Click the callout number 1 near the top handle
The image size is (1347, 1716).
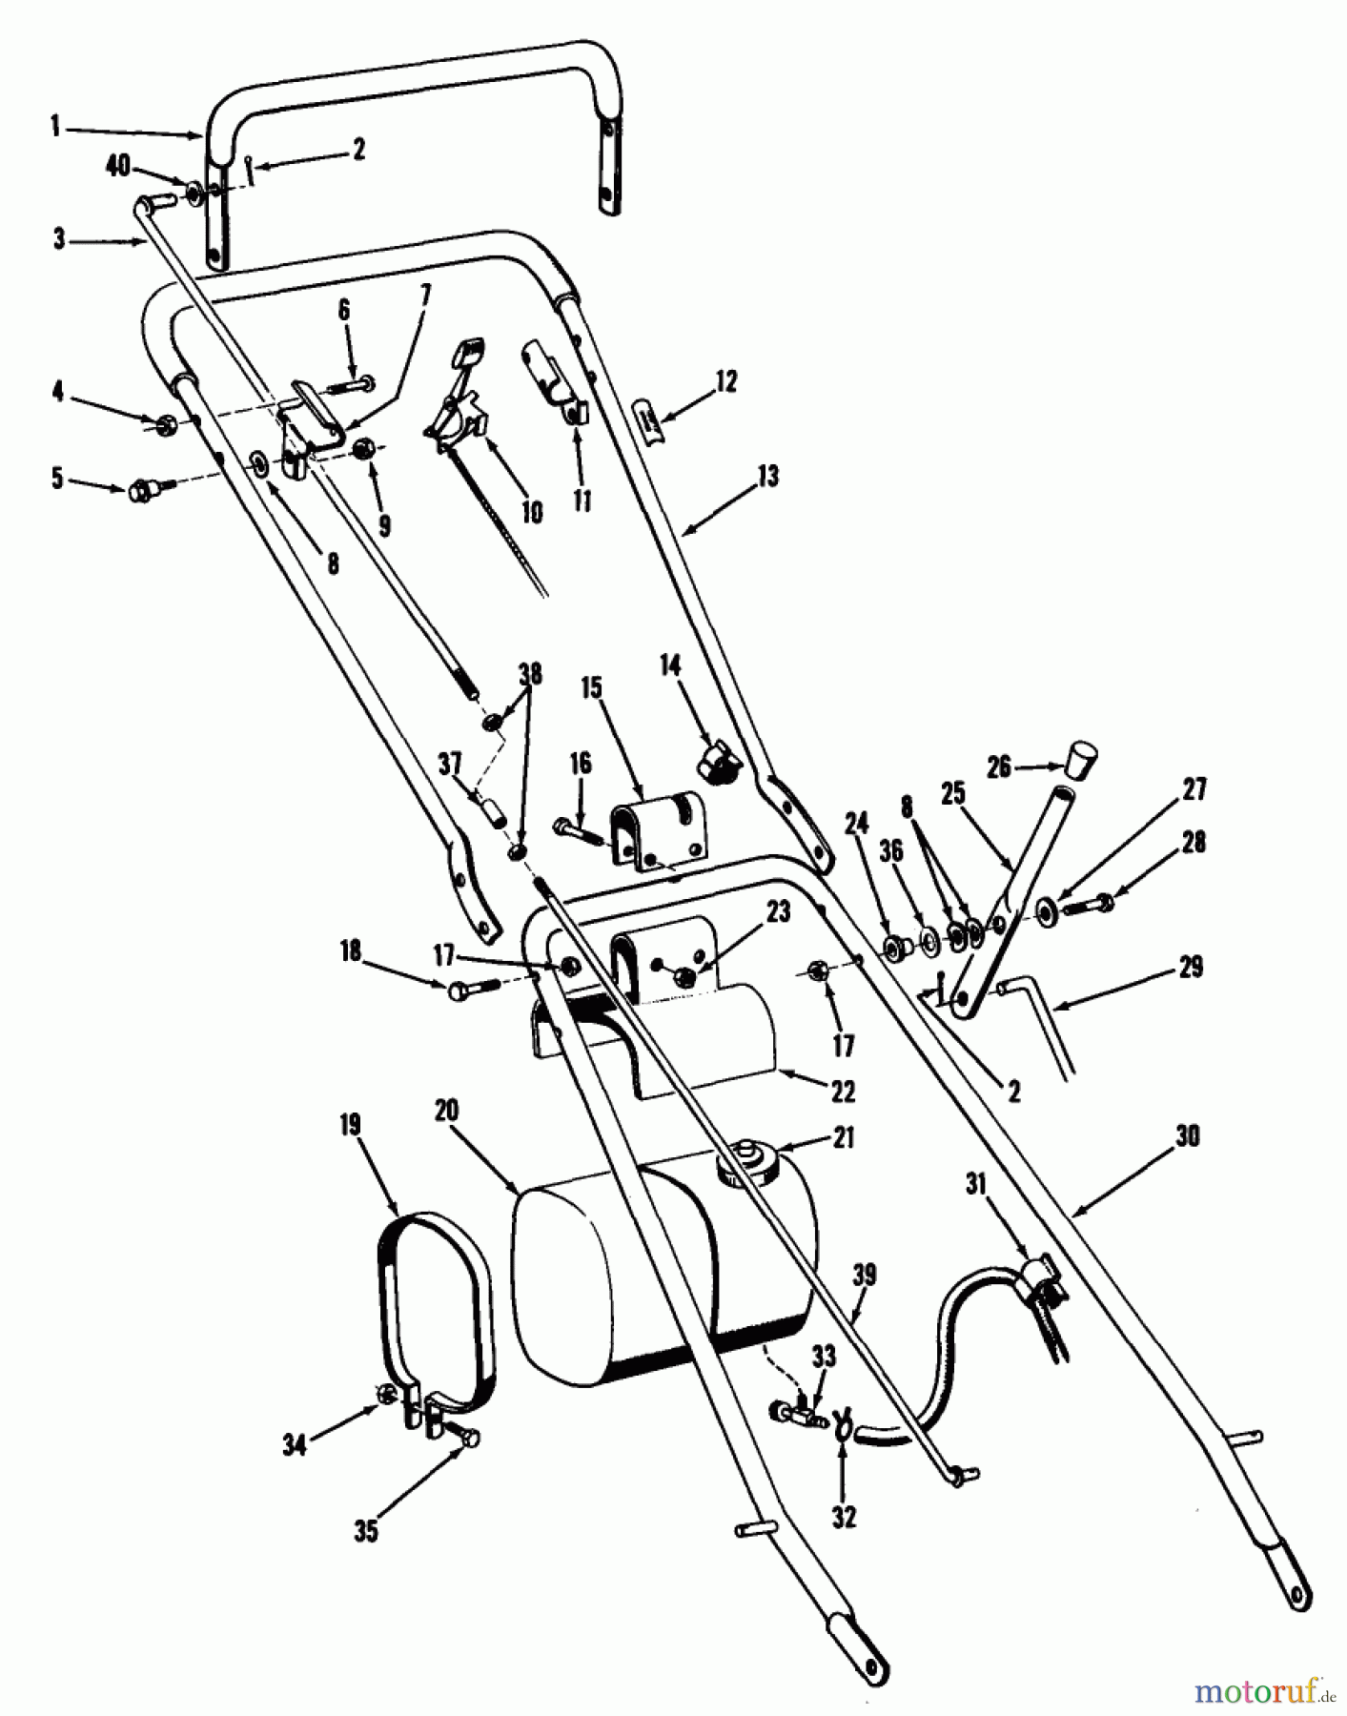click(x=55, y=125)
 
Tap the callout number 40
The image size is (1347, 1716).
click(x=118, y=167)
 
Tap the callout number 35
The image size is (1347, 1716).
click(x=366, y=1531)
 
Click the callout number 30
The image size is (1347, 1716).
click(x=1188, y=1136)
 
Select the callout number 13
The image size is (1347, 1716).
click(x=768, y=475)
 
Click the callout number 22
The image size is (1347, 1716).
click(x=843, y=1091)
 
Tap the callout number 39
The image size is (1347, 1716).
click(x=865, y=1276)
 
